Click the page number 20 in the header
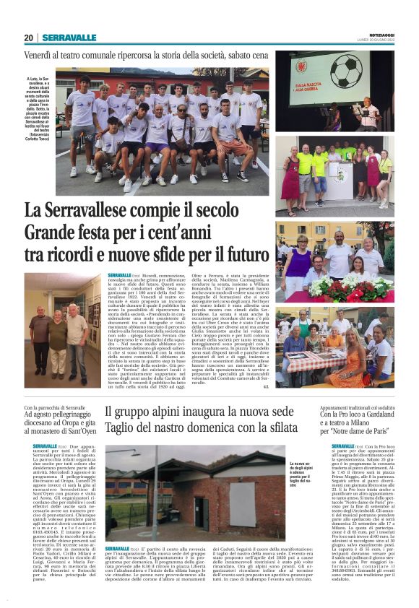pyautogui.click(x=28, y=38)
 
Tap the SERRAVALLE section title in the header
pyautogui.click(x=69, y=38)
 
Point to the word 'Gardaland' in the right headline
pyautogui.click(x=373, y=416)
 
